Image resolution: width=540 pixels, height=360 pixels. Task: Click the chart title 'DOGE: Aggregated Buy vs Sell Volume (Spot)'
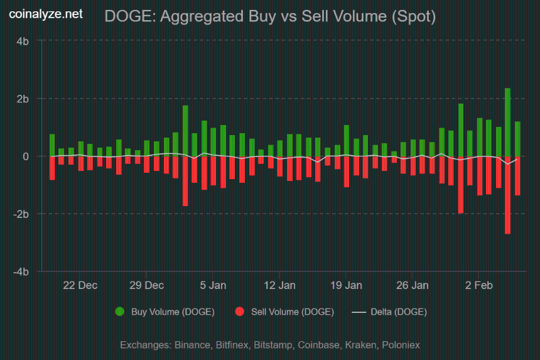[x=270, y=17]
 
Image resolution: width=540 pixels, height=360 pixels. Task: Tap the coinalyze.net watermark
[x=45, y=14]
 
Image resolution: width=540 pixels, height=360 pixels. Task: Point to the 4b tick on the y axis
[x=23, y=41]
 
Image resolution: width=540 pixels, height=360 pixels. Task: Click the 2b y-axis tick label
[x=23, y=99]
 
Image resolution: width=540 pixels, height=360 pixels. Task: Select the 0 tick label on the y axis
[x=26, y=156]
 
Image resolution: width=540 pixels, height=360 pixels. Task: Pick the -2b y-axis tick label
[x=21, y=214]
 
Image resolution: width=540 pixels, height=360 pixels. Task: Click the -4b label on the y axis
[x=21, y=272]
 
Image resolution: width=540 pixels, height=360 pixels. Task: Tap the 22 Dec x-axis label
[x=80, y=285]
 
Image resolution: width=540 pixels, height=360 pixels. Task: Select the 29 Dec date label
[x=146, y=285]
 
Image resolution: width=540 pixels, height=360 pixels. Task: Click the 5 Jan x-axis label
[x=213, y=285]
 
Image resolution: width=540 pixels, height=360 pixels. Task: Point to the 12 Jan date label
[x=279, y=285]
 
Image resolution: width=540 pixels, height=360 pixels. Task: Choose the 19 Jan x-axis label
[x=345, y=285]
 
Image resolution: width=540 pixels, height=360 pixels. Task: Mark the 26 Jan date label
[x=412, y=285]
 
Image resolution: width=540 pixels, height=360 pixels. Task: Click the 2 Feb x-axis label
[x=478, y=285]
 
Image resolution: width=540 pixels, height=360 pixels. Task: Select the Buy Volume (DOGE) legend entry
[x=165, y=312]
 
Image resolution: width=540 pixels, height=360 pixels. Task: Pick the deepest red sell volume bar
[x=507, y=195]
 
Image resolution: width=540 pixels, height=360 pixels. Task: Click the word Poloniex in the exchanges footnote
[x=401, y=345]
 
